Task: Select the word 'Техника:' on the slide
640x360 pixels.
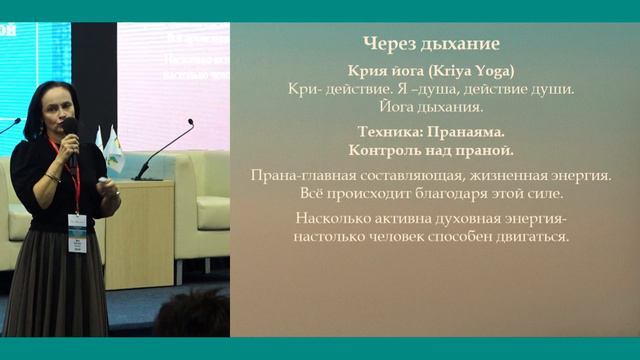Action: coord(391,131)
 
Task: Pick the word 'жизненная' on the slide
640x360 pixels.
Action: coord(500,175)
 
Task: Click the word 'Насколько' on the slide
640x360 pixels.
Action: coord(336,219)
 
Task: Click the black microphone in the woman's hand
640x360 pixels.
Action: coord(70,135)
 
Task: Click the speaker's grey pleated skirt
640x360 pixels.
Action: coord(60,290)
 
